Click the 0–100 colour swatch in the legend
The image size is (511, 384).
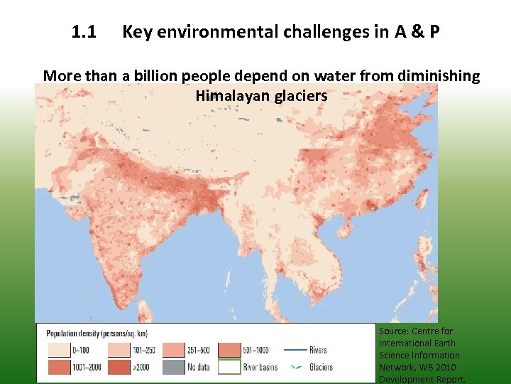tap(57, 350)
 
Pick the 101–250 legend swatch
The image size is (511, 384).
tap(119, 350)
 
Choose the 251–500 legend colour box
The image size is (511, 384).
tap(174, 350)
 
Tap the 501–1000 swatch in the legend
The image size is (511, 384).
tap(229, 350)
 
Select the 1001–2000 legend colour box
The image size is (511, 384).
tap(57, 367)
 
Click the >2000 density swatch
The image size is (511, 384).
tap(119, 367)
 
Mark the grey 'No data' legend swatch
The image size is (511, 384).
tap(174, 367)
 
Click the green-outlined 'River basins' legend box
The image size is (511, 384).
tap(229, 367)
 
